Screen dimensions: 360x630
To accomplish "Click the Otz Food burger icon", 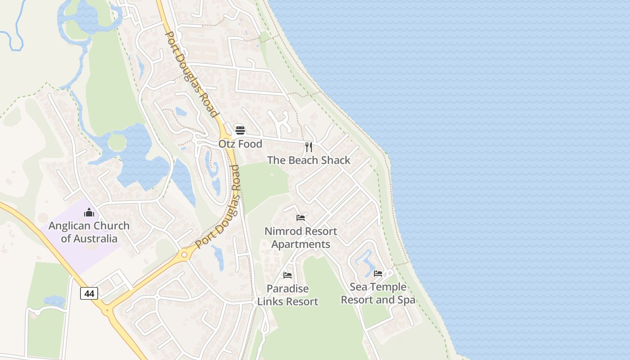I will (240, 130).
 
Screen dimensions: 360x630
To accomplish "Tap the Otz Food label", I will (240, 144).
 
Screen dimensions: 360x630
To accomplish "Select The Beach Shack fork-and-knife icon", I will (309, 147).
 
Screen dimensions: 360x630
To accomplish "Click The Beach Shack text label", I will (309, 160).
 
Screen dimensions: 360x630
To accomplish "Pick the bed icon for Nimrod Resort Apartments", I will (301, 218).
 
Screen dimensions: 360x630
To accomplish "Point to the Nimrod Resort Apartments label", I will (301, 238).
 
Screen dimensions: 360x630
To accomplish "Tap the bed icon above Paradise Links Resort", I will (288, 275).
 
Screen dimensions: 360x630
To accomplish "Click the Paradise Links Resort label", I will (288, 295).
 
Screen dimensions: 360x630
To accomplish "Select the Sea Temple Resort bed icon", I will (378, 273).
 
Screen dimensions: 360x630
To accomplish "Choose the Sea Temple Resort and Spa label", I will (378, 293).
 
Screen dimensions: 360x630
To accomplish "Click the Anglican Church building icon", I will (89, 212).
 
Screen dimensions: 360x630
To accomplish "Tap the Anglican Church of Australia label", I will (89, 232).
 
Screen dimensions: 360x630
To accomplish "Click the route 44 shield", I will (89, 293).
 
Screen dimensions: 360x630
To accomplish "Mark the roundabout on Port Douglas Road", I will (184, 255).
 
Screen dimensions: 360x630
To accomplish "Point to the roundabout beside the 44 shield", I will (107, 310).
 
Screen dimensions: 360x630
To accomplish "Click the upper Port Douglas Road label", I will (191, 72).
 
